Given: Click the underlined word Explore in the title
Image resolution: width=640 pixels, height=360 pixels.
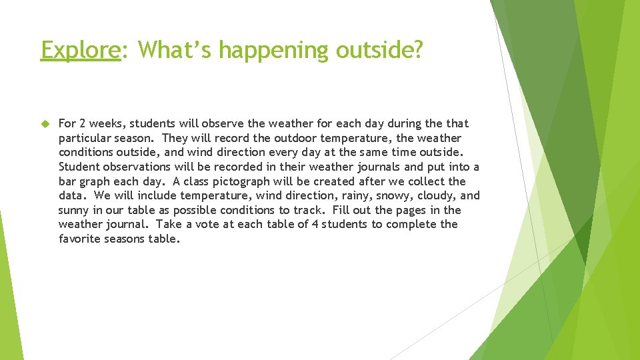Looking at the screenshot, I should [x=80, y=50].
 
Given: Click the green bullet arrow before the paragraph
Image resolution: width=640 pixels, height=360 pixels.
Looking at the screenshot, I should [x=45, y=123].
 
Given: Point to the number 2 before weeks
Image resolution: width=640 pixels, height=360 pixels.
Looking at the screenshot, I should [x=82, y=123].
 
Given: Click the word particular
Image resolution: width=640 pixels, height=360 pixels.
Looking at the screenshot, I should [x=84, y=138].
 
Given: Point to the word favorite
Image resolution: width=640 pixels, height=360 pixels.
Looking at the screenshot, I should [x=79, y=239].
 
